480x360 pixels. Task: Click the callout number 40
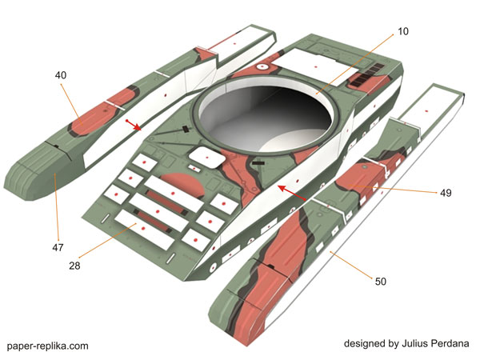point(61,75)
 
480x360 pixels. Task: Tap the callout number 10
point(402,31)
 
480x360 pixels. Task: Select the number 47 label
point(58,248)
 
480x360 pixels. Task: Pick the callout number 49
point(446,193)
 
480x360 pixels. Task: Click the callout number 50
point(380,281)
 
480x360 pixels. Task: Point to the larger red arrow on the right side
point(293,194)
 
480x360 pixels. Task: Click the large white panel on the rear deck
point(313,62)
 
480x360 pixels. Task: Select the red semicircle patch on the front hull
point(182,186)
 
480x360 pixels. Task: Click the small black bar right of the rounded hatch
point(258,162)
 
